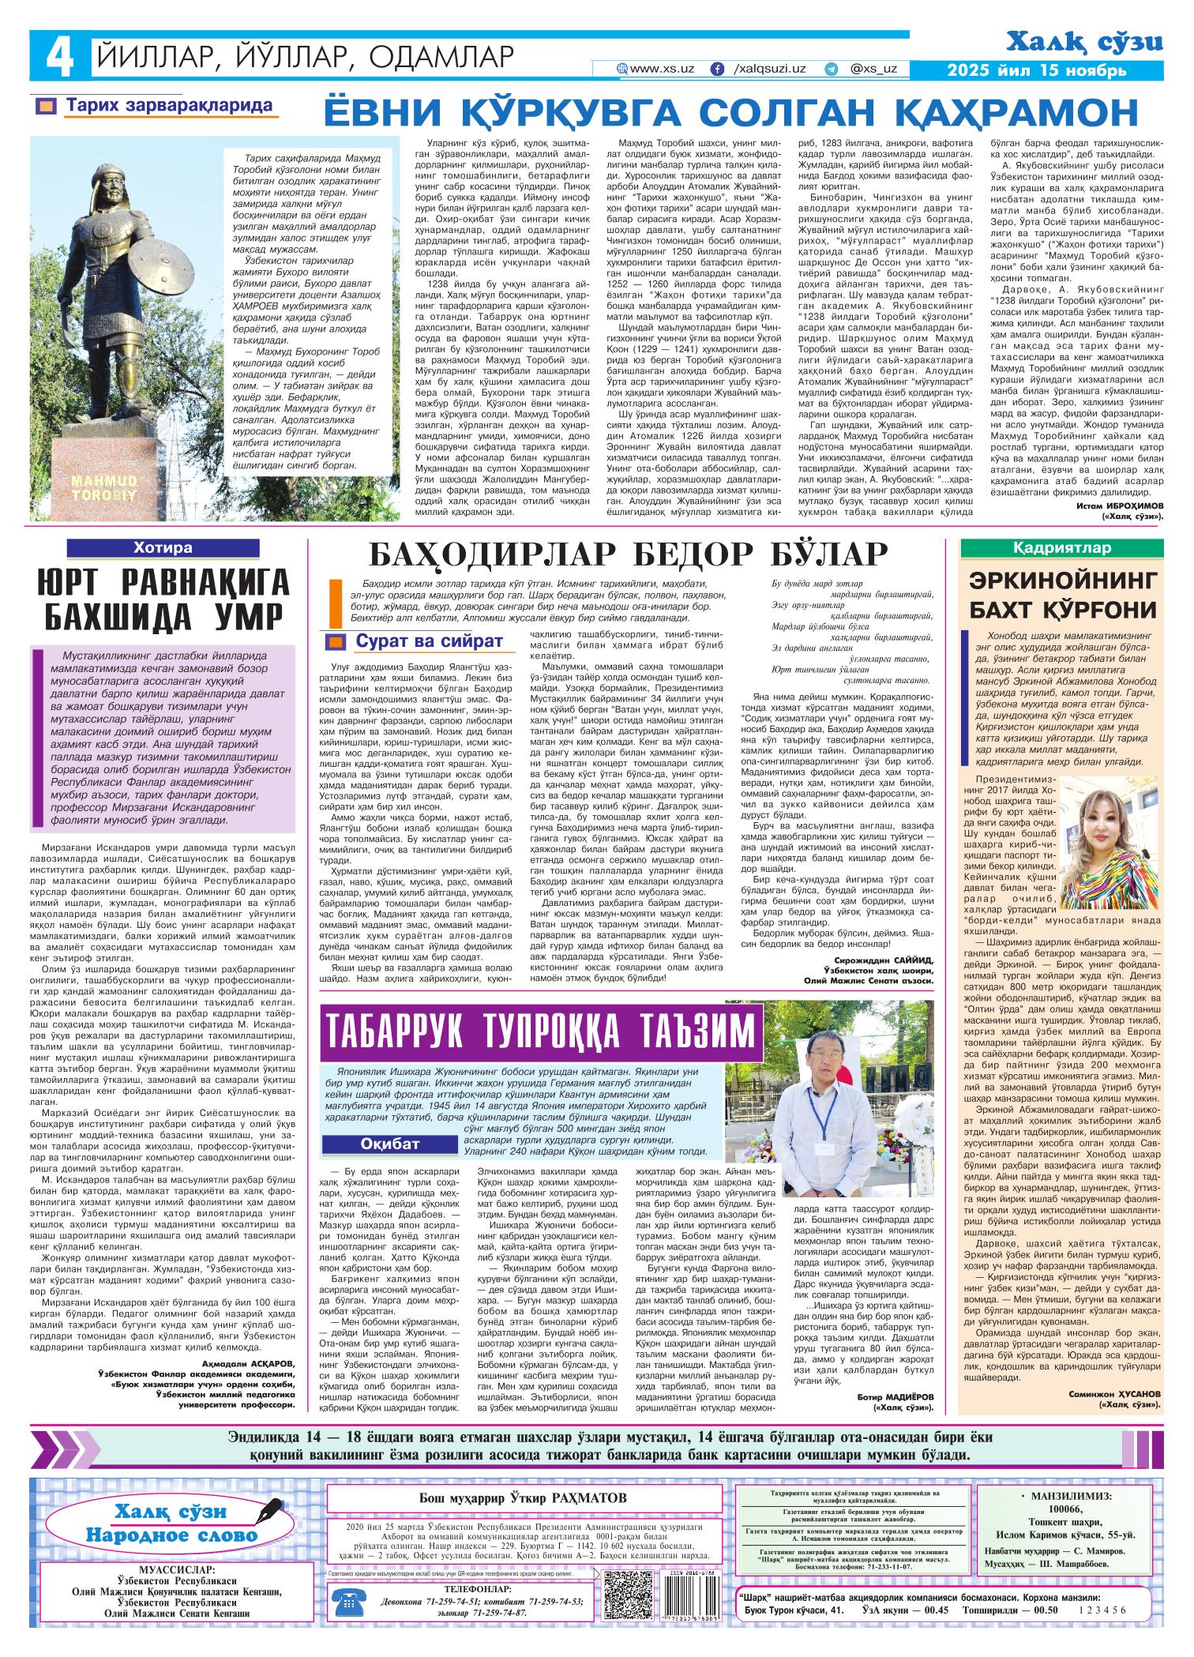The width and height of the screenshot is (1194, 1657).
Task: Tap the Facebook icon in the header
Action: point(717,69)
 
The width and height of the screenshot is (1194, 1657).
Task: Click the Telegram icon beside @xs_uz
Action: point(831,69)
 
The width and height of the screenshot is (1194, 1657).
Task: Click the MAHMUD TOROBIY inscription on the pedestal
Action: point(105,487)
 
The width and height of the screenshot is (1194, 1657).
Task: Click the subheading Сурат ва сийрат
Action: point(429,641)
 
